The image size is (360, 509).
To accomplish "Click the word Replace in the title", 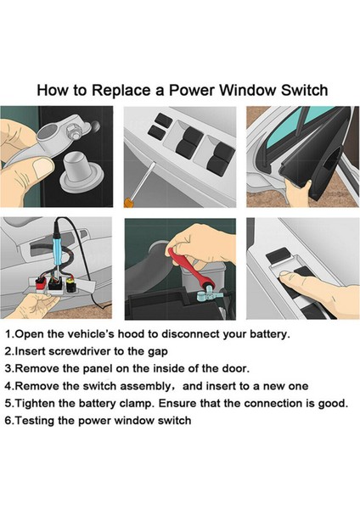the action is (x=121, y=90).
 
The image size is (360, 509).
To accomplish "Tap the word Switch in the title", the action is (x=305, y=90).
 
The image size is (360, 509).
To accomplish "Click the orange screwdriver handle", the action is (x=128, y=203).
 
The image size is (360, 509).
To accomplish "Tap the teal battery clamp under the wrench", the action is (x=206, y=295).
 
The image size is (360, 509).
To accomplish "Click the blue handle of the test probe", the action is (x=58, y=253).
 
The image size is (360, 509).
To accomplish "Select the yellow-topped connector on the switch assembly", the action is (x=70, y=285).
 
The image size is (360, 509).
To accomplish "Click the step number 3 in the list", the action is (x=8, y=369).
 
